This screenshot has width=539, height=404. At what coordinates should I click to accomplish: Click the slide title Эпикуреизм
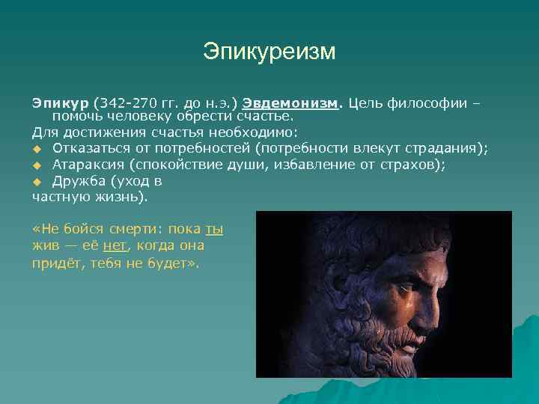(269, 52)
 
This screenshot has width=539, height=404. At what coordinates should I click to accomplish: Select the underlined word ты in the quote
(214, 230)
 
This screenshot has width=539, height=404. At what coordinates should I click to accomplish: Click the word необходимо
(258, 132)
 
